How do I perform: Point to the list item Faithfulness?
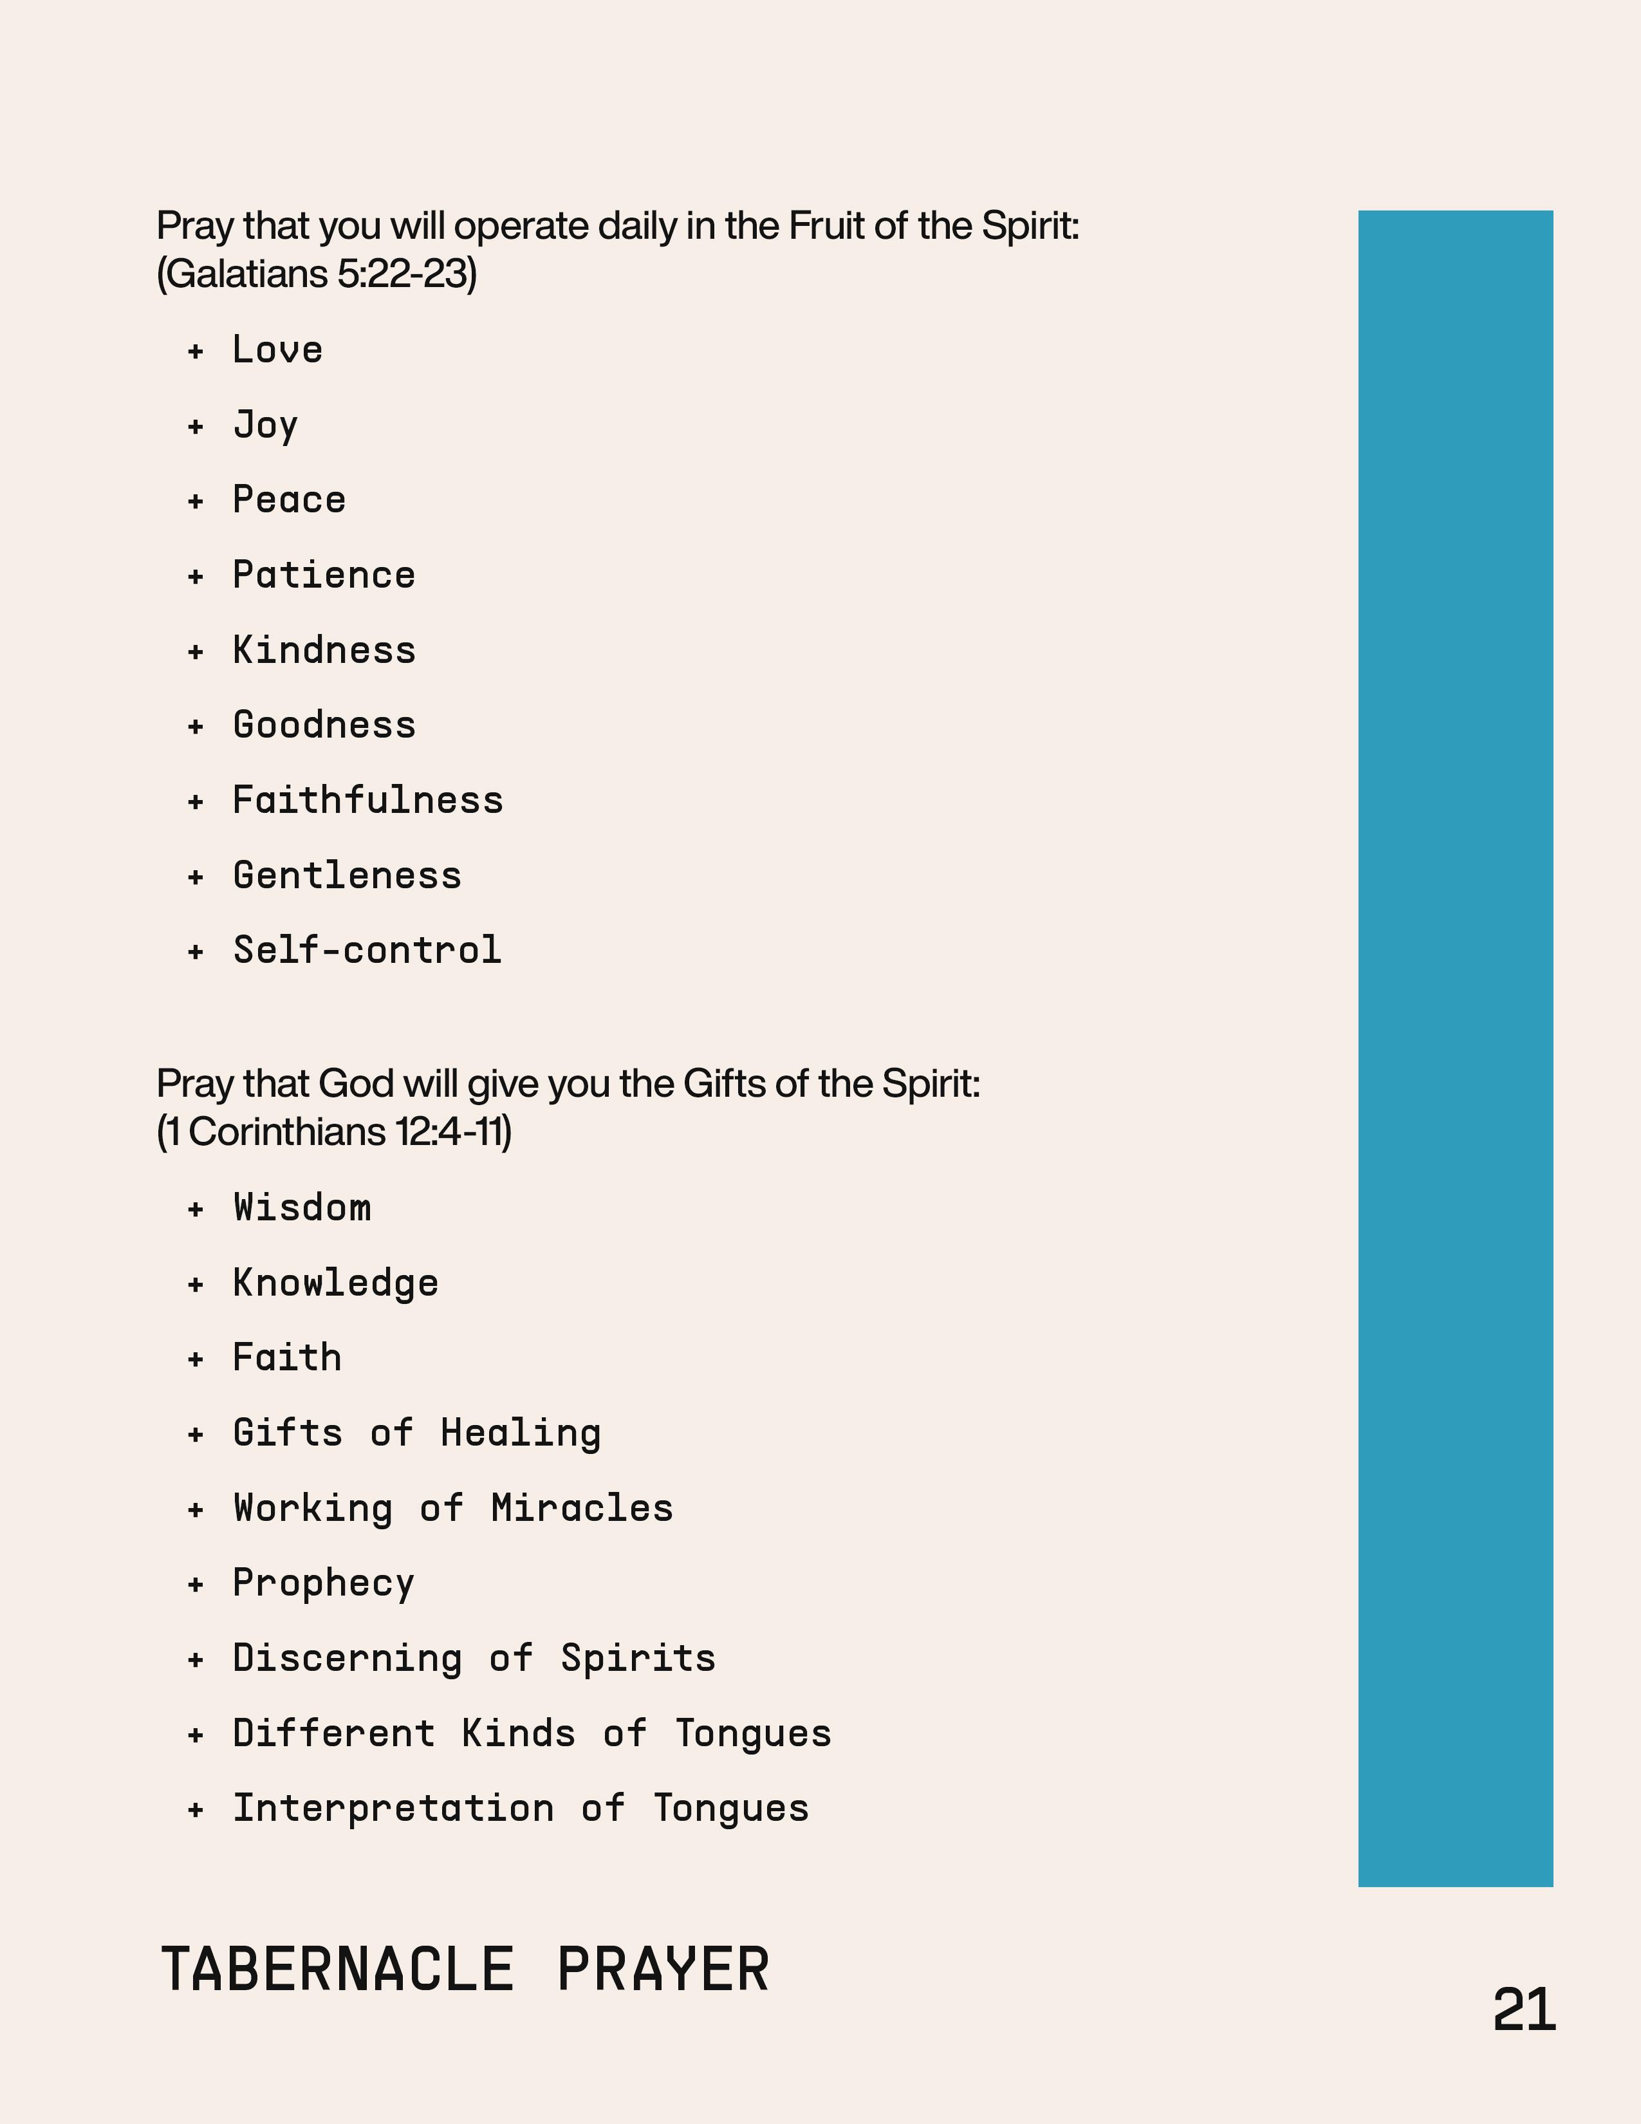point(367,801)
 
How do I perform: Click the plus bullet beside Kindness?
point(196,651)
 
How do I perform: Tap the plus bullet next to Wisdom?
point(196,1209)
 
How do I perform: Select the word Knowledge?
point(335,1284)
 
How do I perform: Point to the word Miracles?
point(581,1509)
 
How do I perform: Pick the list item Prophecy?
point(324,1583)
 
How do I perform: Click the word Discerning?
point(347,1659)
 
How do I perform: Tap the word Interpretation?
point(393,1809)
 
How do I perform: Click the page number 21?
point(1523,2010)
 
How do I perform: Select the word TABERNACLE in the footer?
point(337,1970)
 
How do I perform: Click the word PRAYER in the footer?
point(663,1970)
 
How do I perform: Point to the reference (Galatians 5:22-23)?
point(317,274)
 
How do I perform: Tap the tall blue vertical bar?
point(1455,1048)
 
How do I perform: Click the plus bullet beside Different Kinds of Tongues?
point(196,1735)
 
